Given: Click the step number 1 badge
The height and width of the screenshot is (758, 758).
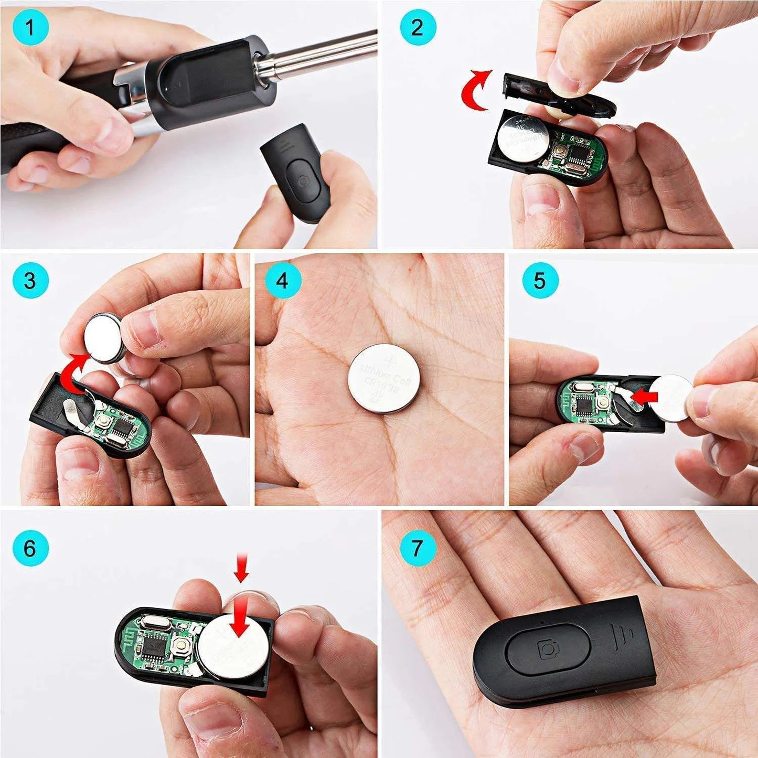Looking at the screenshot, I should tap(30, 27).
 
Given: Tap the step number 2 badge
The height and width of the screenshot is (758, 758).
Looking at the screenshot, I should tap(418, 27).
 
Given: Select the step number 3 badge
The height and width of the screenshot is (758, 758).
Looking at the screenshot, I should tap(30, 280).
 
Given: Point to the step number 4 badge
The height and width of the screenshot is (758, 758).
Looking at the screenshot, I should tap(283, 280).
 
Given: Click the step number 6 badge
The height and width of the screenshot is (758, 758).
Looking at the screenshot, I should tap(30, 548).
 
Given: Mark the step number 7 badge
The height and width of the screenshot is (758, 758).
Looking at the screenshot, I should tap(418, 548).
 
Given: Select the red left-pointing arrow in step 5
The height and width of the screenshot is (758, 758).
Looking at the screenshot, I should tap(644, 396).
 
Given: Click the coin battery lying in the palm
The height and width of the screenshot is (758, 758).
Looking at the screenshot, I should tap(383, 378).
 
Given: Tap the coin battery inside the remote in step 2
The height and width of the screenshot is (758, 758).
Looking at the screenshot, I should tap(524, 137).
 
